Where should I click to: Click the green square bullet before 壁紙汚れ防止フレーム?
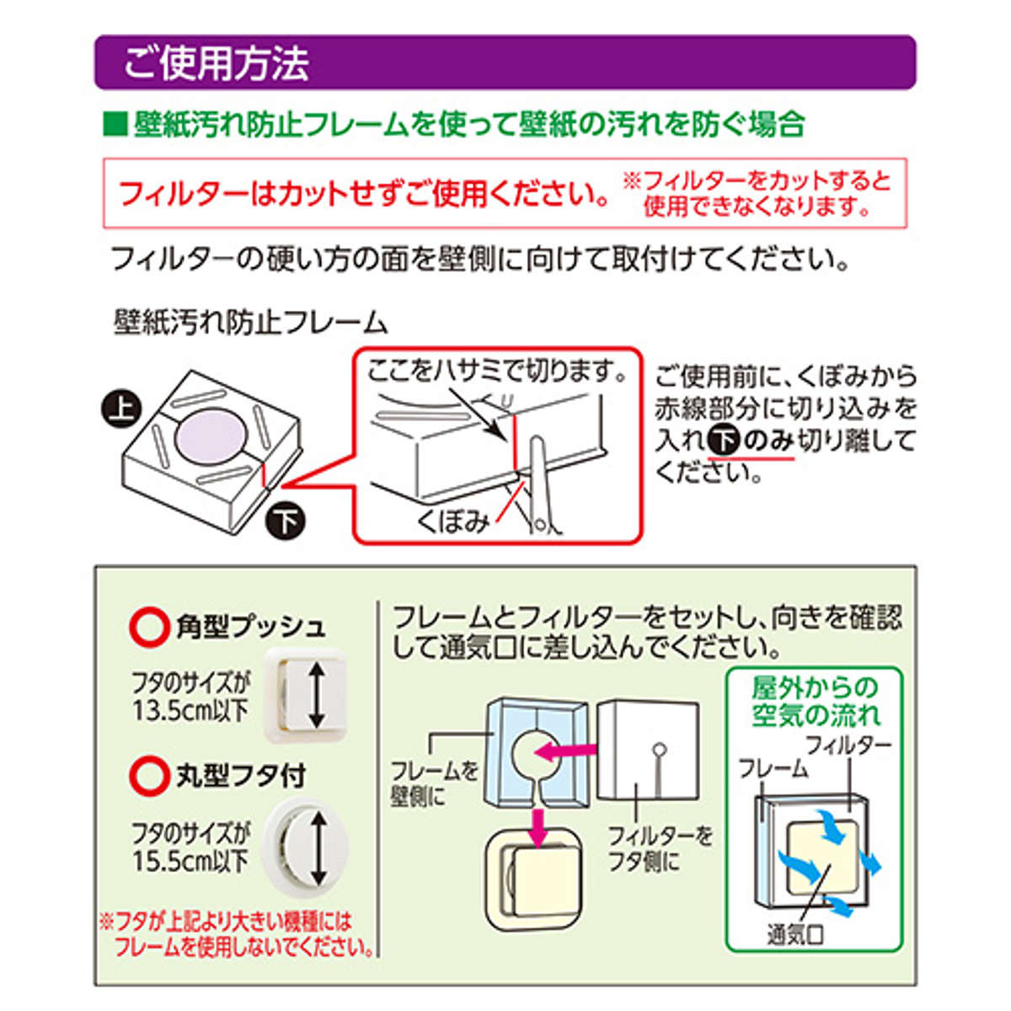(114, 126)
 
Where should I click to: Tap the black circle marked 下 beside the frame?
(286, 522)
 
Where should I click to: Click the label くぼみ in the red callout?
(453, 522)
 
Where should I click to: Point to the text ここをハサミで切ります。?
(497, 372)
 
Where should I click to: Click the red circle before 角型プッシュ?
(150, 627)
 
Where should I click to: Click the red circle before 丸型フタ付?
(150, 776)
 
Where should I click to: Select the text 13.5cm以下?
(190, 710)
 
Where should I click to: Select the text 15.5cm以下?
(190, 861)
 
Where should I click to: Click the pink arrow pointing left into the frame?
(565, 749)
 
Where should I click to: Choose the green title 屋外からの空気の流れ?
(815, 702)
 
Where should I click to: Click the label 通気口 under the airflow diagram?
(794, 934)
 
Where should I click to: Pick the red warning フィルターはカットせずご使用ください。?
(364, 194)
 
